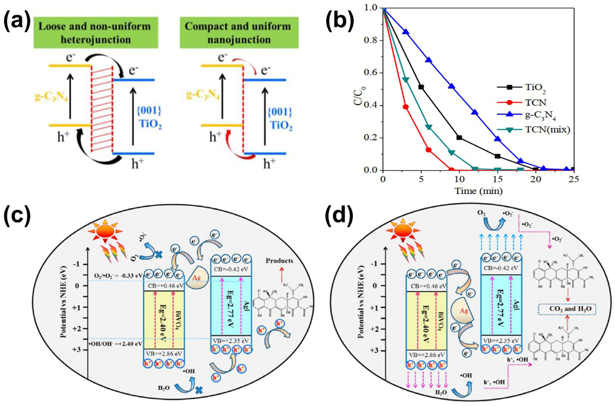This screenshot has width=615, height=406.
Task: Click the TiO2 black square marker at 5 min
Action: (x=421, y=87)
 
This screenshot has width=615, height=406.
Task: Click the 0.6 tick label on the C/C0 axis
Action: (x=371, y=73)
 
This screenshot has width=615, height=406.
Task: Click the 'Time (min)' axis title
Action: (x=478, y=191)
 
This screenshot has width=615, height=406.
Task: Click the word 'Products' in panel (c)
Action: (x=279, y=261)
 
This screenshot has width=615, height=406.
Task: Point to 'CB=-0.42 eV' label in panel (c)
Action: (x=231, y=270)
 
